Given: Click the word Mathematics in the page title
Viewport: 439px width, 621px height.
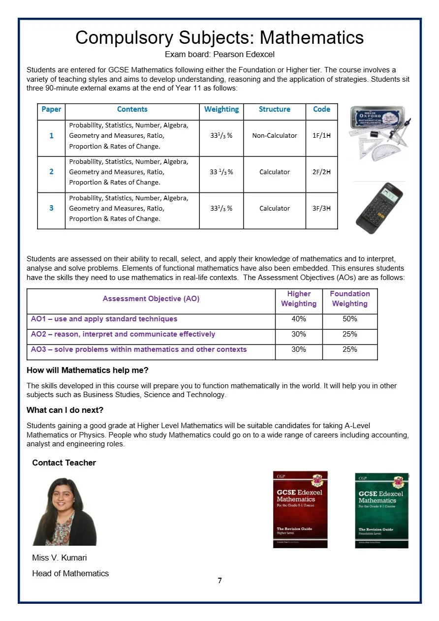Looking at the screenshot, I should pyautogui.click(x=312, y=37).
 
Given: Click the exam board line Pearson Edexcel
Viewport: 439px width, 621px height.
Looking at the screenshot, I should pyautogui.click(x=219, y=55).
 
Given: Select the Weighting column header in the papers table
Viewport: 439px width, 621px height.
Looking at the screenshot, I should pyautogui.click(x=221, y=109).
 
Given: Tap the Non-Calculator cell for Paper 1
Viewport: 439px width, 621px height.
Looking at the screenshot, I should pyautogui.click(x=274, y=135).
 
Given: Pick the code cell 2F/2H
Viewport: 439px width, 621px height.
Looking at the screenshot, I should pyautogui.click(x=321, y=172).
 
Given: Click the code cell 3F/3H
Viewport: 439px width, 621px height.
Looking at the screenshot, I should pyautogui.click(x=321, y=208).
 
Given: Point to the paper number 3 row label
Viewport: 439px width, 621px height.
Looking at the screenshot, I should pyautogui.click(x=51, y=208).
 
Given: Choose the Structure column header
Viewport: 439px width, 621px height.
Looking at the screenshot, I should pyautogui.click(x=274, y=109).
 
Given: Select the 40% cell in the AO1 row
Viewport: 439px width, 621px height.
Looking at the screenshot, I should pyautogui.click(x=298, y=319).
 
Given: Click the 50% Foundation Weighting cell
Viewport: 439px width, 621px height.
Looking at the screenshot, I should pyautogui.click(x=349, y=319).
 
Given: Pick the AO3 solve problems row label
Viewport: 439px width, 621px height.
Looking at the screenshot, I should pyautogui.click(x=139, y=349).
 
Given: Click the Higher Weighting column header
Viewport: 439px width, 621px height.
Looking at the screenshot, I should pyautogui.click(x=298, y=299).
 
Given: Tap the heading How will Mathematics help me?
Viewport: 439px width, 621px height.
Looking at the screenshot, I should pyautogui.click(x=88, y=370).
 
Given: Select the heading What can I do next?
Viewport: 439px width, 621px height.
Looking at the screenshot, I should pyautogui.click(x=65, y=410).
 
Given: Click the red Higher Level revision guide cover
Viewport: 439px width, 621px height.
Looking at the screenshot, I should pyautogui.click(x=300, y=509).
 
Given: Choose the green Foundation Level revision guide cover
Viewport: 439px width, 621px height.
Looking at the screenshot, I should pyautogui.click(x=381, y=510).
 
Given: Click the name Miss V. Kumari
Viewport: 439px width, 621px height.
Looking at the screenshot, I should pyautogui.click(x=60, y=558).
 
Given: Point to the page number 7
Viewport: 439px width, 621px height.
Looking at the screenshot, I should pyautogui.click(x=219, y=581).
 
